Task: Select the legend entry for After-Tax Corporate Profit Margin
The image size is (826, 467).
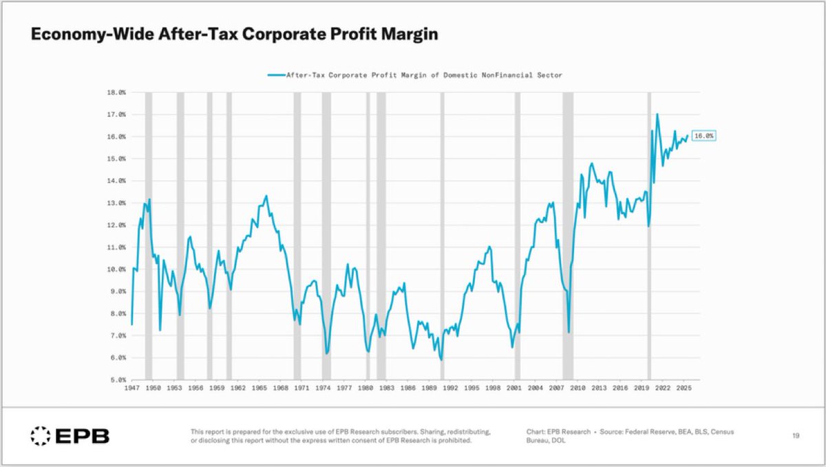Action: (x=414, y=75)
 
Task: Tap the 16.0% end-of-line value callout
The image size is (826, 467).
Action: (x=703, y=136)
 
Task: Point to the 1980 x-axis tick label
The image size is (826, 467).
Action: (x=365, y=388)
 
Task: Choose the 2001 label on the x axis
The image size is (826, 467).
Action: (x=513, y=388)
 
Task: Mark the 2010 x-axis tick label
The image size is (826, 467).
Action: (x=577, y=388)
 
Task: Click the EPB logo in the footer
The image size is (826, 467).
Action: (x=70, y=435)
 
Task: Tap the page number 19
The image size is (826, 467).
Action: (x=795, y=435)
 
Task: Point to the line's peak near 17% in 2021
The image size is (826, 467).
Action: (x=657, y=114)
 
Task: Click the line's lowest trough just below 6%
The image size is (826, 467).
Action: (x=441, y=360)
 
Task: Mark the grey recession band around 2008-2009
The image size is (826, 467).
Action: (x=568, y=234)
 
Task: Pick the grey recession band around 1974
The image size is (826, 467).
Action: (x=326, y=234)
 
